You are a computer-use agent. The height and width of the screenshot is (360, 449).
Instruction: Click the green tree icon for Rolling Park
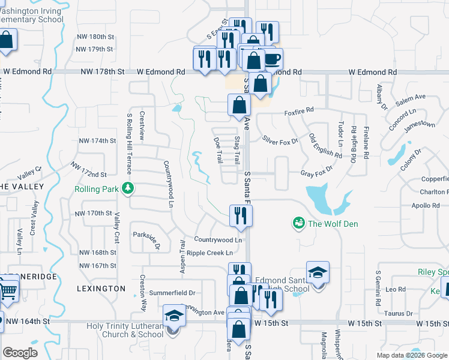(x=127, y=188)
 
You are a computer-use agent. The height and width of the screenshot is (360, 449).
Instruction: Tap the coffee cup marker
(x=272, y=59)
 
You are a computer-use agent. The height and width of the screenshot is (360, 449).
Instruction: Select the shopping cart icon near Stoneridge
(x=7, y=290)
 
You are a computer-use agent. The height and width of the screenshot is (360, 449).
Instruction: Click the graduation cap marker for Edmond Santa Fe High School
(x=318, y=274)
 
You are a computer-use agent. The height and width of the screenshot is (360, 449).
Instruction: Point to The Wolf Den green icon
(x=298, y=224)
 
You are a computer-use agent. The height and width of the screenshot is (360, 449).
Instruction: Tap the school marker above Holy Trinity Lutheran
(x=174, y=315)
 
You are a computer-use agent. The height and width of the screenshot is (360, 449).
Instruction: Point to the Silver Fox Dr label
(x=280, y=139)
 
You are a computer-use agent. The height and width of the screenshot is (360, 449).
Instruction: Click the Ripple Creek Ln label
(x=209, y=253)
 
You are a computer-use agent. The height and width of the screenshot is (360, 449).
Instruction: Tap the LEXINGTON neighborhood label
(x=101, y=289)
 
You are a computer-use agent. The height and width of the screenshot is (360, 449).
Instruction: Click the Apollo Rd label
(x=427, y=205)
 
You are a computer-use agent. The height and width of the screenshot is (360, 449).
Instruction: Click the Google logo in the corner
(x=20, y=353)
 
